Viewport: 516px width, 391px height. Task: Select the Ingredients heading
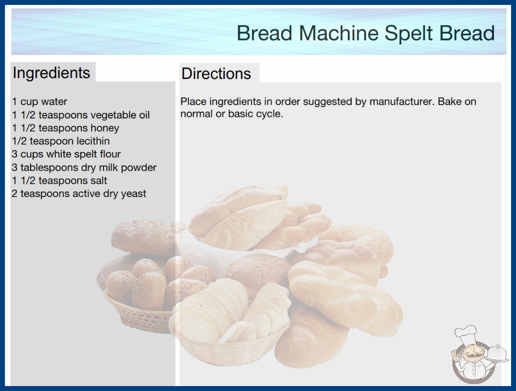pyautogui.click(x=51, y=73)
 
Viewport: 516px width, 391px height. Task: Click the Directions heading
pyautogui.click(x=216, y=74)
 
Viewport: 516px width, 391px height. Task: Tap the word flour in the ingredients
pyautogui.click(x=110, y=154)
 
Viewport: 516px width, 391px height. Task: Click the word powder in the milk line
pyautogui.click(x=139, y=168)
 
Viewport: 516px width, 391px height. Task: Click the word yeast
pyautogui.click(x=133, y=194)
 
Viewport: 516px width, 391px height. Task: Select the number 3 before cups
pyautogui.click(x=14, y=154)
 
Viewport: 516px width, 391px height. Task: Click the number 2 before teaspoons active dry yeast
pyautogui.click(x=14, y=194)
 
